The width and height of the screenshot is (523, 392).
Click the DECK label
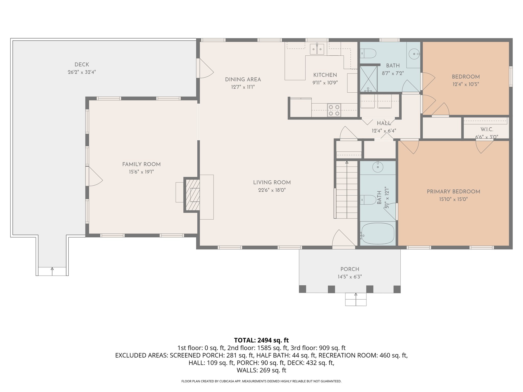pyautogui.click(x=82, y=65)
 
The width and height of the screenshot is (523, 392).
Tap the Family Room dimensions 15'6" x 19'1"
pyautogui.click(x=141, y=172)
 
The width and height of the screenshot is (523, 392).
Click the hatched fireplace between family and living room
pyautogui.click(x=192, y=195)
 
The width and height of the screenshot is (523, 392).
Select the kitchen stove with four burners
pyautogui.click(x=334, y=110)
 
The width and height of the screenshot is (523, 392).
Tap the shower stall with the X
pyautogui.click(x=369, y=79)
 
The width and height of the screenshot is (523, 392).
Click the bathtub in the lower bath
pyautogui.click(x=378, y=234)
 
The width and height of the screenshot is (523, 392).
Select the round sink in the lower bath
pyautogui.click(x=377, y=167)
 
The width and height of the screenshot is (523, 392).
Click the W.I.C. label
pyautogui.click(x=486, y=129)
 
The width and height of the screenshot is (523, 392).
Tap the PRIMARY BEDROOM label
pyautogui.click(x=453, y=192)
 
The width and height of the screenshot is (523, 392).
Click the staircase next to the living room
pyautogui.click(x=347, y=190)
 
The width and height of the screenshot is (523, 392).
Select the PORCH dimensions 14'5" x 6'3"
pyautogui.click(x=350, y=277)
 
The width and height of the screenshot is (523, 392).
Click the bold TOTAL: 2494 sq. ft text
pyautogui.click(x=261, y=340)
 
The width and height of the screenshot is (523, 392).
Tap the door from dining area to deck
pyautogui.click(x=205, y=68)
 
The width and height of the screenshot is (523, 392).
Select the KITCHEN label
pyautogui.click(x=325, y=75)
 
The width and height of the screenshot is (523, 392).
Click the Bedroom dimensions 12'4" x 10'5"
pyautogui.click(x=466, y=84)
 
